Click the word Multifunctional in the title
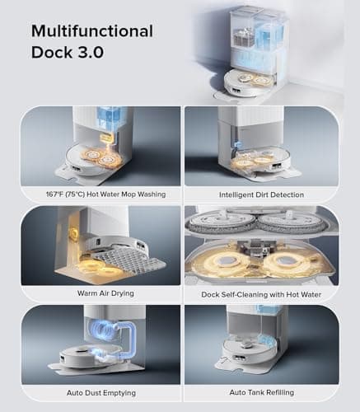click(x=92, y=31)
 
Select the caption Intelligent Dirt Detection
click(x=261, y=195)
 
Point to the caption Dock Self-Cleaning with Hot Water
click(x=261, y=293)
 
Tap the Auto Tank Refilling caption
click(x=261, y=393)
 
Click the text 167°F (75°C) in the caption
click(x=63, y=195)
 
